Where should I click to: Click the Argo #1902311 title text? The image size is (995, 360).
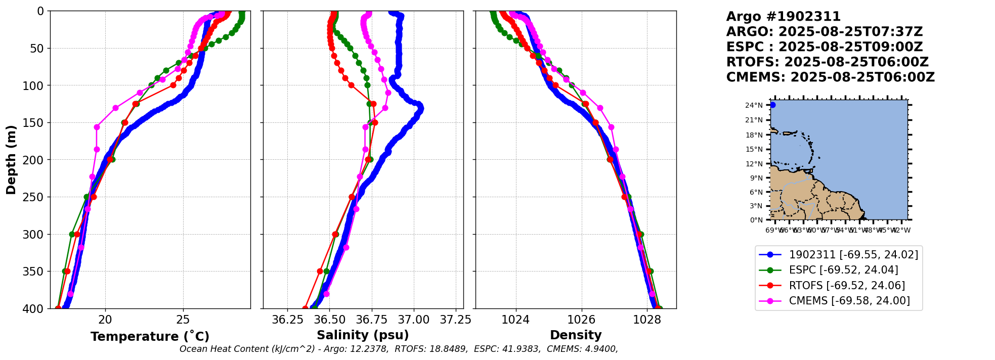(783, 17)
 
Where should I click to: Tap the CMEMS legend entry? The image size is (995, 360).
(849, 301)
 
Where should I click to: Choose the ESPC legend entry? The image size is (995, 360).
(843, 270)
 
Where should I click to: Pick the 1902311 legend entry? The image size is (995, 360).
(853, 255)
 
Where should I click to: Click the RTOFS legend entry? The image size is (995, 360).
(847, 286)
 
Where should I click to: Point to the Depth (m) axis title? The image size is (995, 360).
(11, 159)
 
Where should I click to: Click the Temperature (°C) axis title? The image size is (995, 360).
(150, 336)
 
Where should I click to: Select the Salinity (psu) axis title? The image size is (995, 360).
(363, 335)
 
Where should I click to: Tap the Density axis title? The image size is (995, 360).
(576, 335)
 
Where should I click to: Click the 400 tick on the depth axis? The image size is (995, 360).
(36, 308)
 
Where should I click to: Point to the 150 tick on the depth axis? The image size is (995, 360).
(36, 123)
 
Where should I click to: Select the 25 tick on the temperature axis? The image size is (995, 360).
(183, 320)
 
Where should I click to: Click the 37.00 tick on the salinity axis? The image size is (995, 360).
(413, 320)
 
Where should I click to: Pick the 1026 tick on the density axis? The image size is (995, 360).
(581, 320)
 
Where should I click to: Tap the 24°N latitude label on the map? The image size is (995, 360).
(754, 106)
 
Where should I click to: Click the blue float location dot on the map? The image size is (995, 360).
(772, 105)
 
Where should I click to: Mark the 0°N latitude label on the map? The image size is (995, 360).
(756, 220)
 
